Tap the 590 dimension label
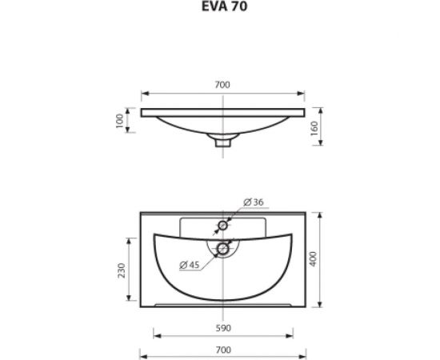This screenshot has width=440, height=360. coord(223,328)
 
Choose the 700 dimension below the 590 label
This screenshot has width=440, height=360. coord(223,350)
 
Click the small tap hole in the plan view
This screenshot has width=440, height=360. coord(224,226)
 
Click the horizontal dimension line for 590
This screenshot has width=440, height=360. coord(184,336)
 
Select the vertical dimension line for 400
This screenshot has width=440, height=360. coord(319,232)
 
